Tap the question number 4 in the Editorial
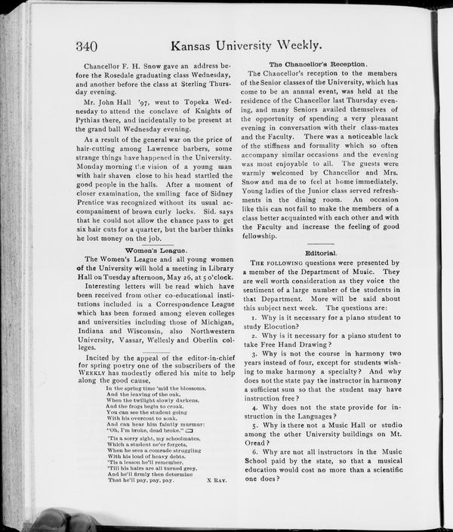(255, 407)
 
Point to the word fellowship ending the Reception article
(265, 235)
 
